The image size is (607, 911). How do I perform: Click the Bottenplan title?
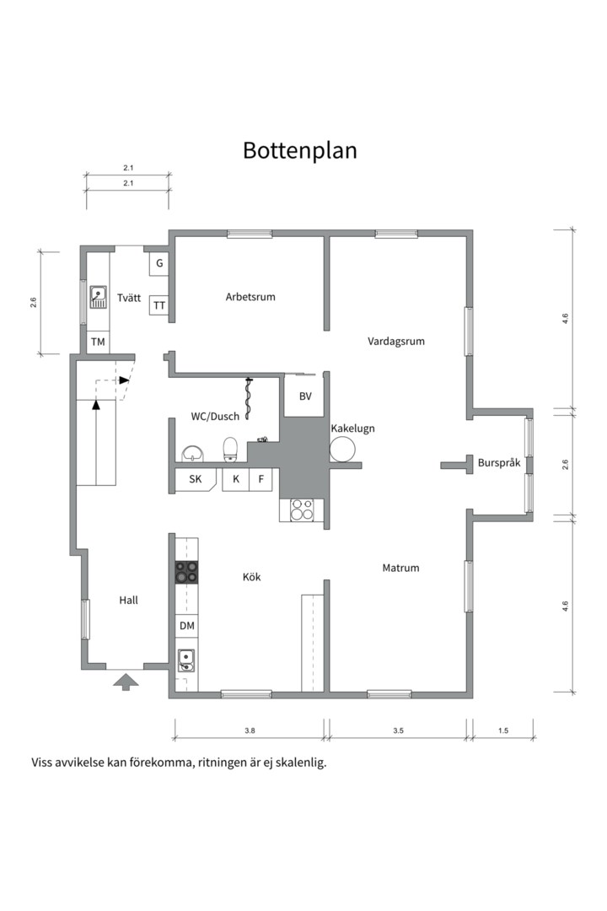tap(300, 150)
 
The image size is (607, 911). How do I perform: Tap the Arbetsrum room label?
tap(250, 297)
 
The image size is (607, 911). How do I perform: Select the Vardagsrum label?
tap(395, 342)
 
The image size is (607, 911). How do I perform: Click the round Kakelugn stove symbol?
tap(343, 449)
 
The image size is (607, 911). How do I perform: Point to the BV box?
tap(304, 396)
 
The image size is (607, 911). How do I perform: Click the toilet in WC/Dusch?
tap(230, 449)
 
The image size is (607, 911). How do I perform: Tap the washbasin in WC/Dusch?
tap(194, 454)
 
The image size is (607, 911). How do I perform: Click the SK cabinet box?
tap(196, 480)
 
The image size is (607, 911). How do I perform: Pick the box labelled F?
tap(262, 480)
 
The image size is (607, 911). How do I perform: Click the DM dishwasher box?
tap(187, 626)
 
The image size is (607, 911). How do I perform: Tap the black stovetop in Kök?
tap(186, 573)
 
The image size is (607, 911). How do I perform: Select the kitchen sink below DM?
tap(186, 660)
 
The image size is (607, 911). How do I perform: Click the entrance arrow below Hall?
tap(125, 681)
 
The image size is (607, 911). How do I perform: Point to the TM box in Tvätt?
tap(98, 342)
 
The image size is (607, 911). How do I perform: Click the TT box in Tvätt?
tap(159, 305)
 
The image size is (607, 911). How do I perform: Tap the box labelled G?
tap(158, 264)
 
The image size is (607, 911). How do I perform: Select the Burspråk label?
tap(499, 463)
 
